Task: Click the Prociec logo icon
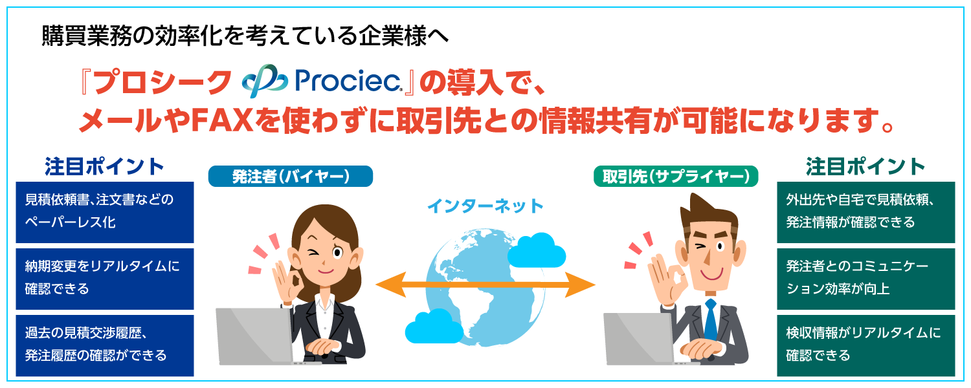(x=264, y=81)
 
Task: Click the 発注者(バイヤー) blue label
(x=291, y=177)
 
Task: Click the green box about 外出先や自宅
(x=865, y=212)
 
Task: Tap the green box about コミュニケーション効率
(x=865, y=278)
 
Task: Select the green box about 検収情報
(x=865, y=345)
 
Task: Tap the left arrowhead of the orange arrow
(x=386, y=285)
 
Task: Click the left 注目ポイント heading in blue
(x=105, y=166)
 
